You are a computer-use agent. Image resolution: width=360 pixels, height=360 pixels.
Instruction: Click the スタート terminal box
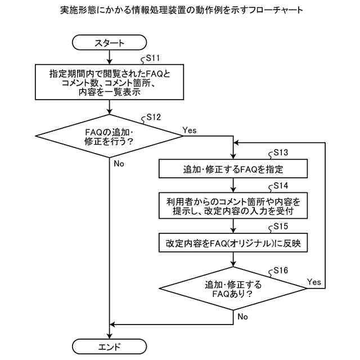pos(109,42)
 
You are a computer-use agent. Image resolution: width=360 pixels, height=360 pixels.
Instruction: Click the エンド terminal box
pos(109,345)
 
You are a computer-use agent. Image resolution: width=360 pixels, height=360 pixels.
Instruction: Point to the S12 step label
pos(153,117)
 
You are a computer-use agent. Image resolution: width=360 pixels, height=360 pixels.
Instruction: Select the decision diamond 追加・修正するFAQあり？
pos(233,289)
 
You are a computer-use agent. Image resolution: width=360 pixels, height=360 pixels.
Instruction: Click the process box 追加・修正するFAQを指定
pos(233,169)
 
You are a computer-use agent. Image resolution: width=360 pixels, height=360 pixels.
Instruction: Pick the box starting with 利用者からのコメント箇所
pos(233,206)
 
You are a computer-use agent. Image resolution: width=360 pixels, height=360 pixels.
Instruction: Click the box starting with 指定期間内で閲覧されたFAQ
pos(109,82)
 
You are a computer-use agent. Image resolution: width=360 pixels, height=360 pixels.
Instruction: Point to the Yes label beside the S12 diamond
pos(190,130)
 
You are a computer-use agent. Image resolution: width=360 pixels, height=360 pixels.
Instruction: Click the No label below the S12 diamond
pos(119,164)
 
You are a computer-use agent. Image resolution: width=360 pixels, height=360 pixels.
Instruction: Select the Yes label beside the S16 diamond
pos(314,281)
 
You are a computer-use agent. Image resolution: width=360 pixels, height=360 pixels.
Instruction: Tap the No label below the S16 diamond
pos(242,317)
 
